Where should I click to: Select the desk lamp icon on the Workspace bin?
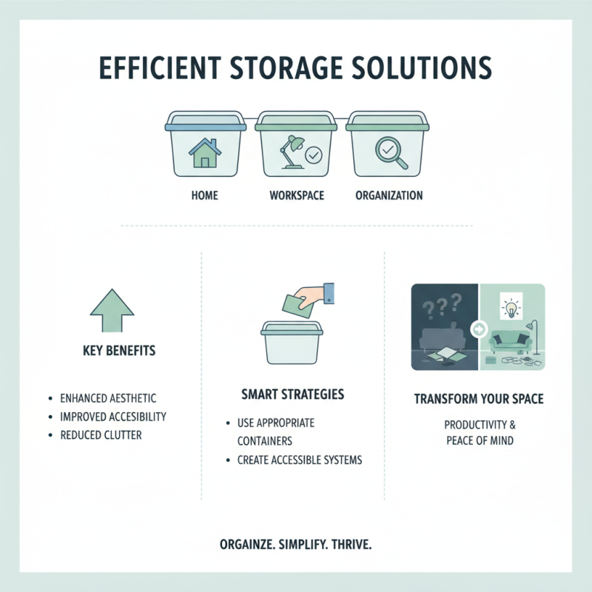(x=289, y=152)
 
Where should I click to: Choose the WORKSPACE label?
(x=296, y=196)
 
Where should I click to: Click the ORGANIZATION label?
(x=388, y=196)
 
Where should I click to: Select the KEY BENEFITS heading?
(x=119, y=350)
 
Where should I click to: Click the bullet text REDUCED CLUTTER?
(x=101, y=434)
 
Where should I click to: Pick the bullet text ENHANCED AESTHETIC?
(x=108, y=398)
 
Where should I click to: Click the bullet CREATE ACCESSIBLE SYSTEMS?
(x=300, y=460)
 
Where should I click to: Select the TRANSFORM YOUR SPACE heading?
(x=479, y=399)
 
